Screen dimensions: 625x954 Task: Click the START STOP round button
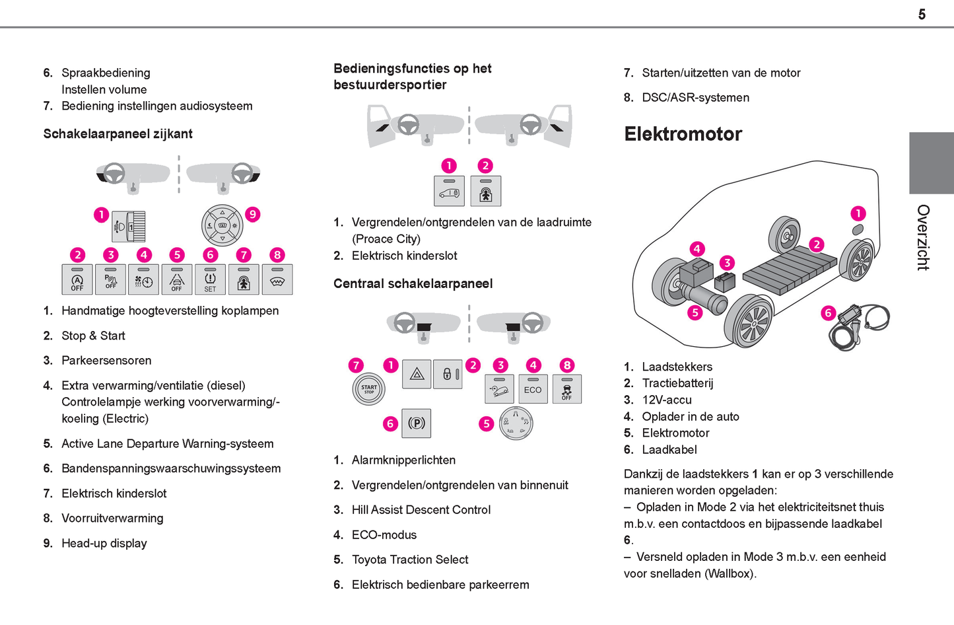coord(368,388)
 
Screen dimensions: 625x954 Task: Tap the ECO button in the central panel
coord(533,388)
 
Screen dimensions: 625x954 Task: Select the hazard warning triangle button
coord(417,375)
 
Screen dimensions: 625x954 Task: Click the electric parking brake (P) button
coord(417,423)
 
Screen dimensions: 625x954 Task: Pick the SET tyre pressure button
coord(210,279)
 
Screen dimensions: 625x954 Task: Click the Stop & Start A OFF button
coord(77,279)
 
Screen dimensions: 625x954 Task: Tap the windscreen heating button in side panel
coord(277,279)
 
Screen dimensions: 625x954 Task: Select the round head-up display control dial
coord(222,225)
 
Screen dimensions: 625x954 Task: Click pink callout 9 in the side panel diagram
coord(252,214)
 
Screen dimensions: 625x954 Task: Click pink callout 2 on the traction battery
coord(817,244)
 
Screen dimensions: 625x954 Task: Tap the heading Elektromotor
coord(683,134)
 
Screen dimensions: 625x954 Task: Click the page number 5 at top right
coord(922,15)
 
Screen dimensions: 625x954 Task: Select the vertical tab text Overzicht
coord(923,237)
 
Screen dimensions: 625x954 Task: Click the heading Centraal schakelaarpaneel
coord(413,283)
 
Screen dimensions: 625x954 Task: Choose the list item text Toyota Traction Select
coord(410,560)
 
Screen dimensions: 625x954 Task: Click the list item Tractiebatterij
coord(677,383)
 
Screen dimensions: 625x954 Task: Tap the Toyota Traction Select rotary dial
coord(516,423)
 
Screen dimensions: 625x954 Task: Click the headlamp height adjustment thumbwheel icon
coord(129,227)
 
